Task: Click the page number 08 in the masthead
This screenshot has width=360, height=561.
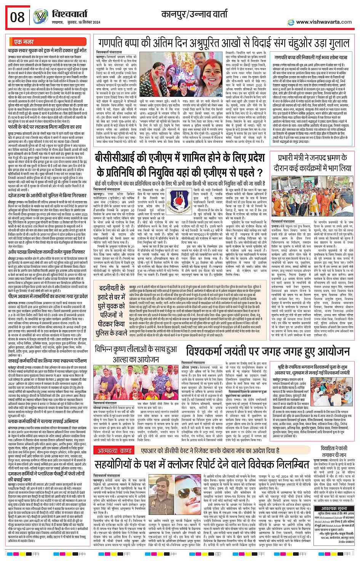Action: [x=18, y=18]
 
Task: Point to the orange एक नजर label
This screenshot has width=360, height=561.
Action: [x=24, y=42]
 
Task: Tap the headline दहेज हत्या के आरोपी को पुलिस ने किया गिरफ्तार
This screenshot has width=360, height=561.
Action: [x=47, y=195]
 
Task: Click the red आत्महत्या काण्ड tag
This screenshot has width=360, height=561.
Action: [x=114, y=451]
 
